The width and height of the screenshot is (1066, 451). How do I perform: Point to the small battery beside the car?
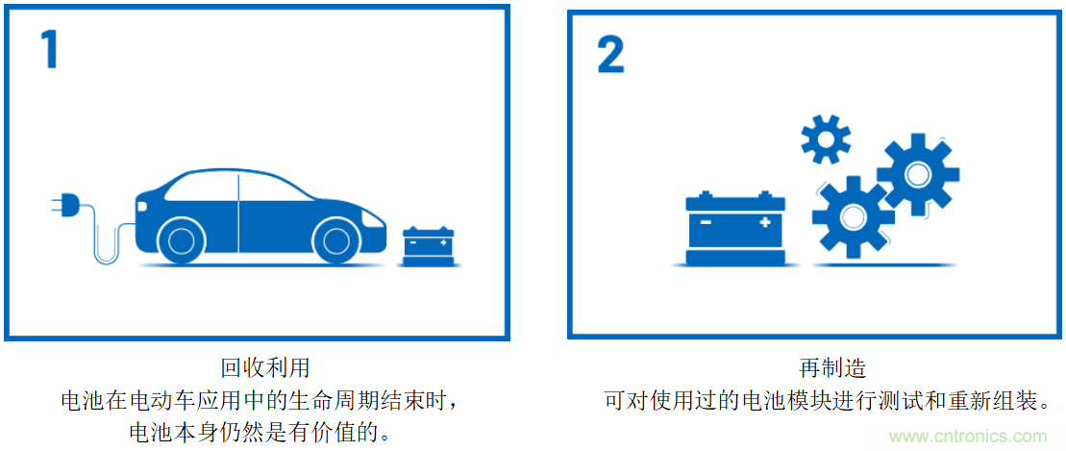point(429,245)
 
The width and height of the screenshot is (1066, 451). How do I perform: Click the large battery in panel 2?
point(735,229)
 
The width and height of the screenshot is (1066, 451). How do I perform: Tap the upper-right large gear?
point(917,174)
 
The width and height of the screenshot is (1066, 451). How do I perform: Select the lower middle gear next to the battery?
point(853,216)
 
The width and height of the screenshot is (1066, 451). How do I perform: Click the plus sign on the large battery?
point(765,222)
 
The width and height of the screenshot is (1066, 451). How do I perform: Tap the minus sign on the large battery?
point(706,222)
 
